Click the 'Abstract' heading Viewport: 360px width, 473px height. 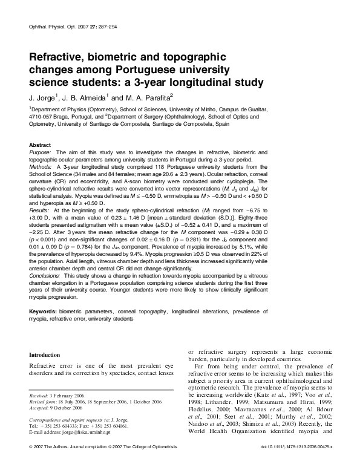41,146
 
